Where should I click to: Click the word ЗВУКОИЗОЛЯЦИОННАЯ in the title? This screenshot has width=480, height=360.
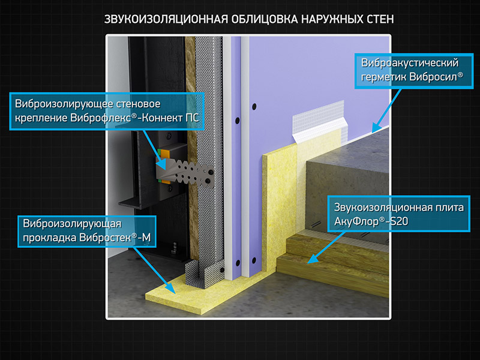(166, 19)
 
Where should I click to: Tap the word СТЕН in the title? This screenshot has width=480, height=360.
(380, 19)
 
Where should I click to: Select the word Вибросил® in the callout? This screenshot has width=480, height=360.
(436, 76)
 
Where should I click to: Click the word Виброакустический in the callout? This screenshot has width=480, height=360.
(410, 63)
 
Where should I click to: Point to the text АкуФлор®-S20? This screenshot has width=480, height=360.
(371, 221)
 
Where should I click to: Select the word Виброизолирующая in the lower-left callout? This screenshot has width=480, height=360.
(72, 224)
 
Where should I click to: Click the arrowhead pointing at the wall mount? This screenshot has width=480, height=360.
(162, 164)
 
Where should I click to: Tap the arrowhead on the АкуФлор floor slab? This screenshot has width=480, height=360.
(312, 259)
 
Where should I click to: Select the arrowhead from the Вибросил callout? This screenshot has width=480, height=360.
(377, 128)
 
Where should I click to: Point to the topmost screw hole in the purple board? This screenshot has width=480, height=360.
(254, 107)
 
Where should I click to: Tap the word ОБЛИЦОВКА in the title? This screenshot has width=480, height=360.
(265, 19)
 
